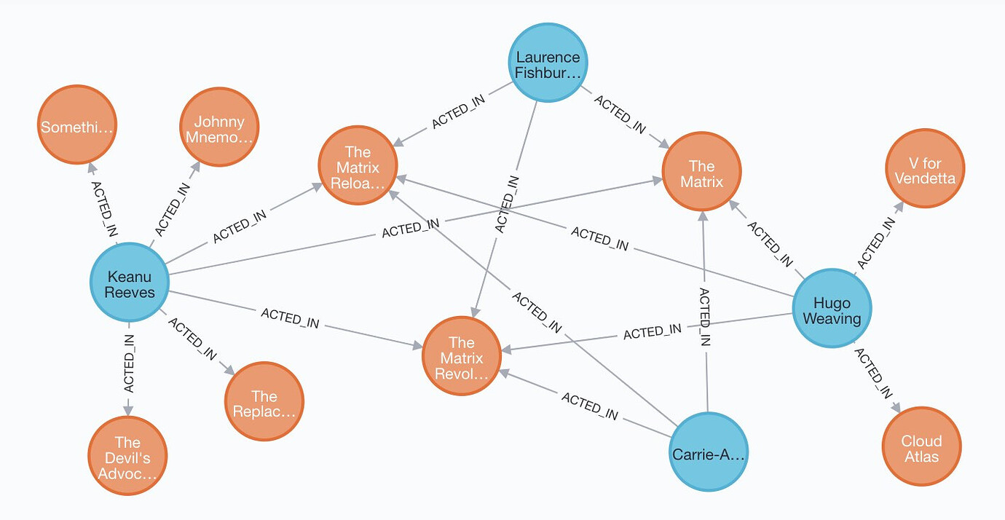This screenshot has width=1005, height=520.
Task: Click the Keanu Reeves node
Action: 130,283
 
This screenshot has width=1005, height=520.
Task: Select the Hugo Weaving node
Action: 831,310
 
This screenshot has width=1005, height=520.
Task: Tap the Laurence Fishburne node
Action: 548,63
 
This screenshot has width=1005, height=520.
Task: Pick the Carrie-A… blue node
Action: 708,452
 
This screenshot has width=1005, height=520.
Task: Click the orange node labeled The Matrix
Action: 701,173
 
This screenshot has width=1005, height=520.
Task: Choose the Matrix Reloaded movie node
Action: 358,166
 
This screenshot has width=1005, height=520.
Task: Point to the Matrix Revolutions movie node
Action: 462,357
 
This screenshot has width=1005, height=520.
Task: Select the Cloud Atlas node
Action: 921,447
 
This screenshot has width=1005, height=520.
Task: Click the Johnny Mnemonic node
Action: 218,129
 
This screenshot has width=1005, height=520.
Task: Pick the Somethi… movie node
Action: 76,127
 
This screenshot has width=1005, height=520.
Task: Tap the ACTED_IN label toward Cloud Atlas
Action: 872,374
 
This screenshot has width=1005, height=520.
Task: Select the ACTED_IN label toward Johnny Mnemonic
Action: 173,209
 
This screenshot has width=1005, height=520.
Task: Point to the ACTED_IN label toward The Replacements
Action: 192,338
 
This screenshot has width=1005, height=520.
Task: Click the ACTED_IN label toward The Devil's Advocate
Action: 129,363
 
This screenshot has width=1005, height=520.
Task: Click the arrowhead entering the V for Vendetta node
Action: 899,206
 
